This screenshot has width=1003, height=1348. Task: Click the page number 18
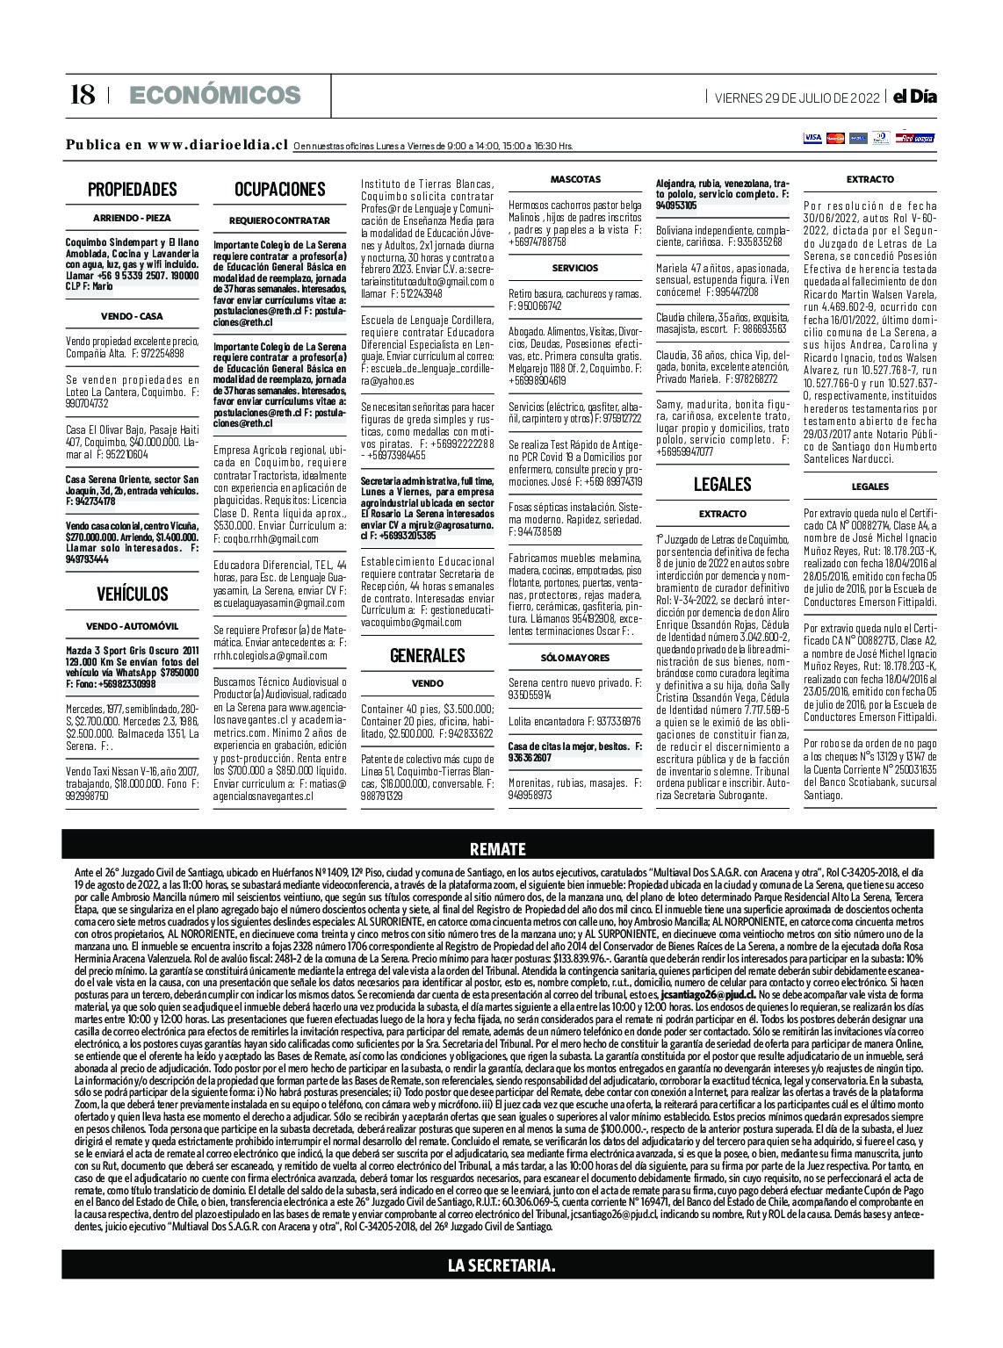point(82,95)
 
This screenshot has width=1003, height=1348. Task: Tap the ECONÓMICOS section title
point(214,95)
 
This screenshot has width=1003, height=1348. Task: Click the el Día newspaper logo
point(914,97)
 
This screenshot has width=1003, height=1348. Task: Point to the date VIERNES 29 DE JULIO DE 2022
point(797,97)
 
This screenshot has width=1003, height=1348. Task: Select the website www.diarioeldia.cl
point(218,145)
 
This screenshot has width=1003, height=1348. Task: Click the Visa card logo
point(812,138)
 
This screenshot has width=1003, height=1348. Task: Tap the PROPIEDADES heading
point(132,189)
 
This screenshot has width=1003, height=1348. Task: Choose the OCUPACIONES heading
point(279,189)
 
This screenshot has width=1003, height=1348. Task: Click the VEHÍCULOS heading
point(132,595)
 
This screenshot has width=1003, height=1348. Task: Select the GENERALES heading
point(427,655)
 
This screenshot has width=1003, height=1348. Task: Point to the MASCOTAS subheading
point(575,179)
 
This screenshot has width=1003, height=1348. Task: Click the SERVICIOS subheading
point(575,268)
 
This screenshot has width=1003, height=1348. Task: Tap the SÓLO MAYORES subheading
point(575,657)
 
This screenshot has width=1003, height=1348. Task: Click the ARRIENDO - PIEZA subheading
point(132,218)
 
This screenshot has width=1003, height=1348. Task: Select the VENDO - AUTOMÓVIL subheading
point(132,626)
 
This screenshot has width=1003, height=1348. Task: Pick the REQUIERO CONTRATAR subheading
point(279,220)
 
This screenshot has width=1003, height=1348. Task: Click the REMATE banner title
point(498,849)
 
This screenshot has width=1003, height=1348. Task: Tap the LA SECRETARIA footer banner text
point(501,1265)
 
